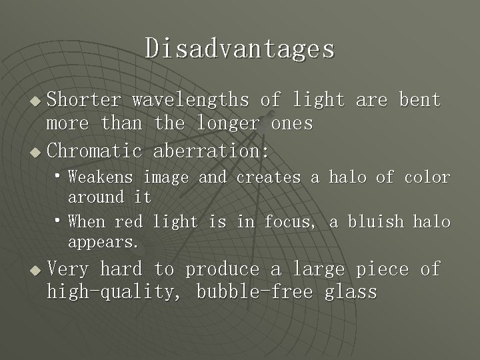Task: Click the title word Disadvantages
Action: (x=240, y=48)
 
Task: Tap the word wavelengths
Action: (x=190, y=100)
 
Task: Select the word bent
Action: (x=419, y=100)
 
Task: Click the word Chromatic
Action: (x=94, y=151)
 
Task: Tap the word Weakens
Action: (x=101, y=177)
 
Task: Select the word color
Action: (x=427, y=177)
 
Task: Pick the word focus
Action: (x=292, y=221)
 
